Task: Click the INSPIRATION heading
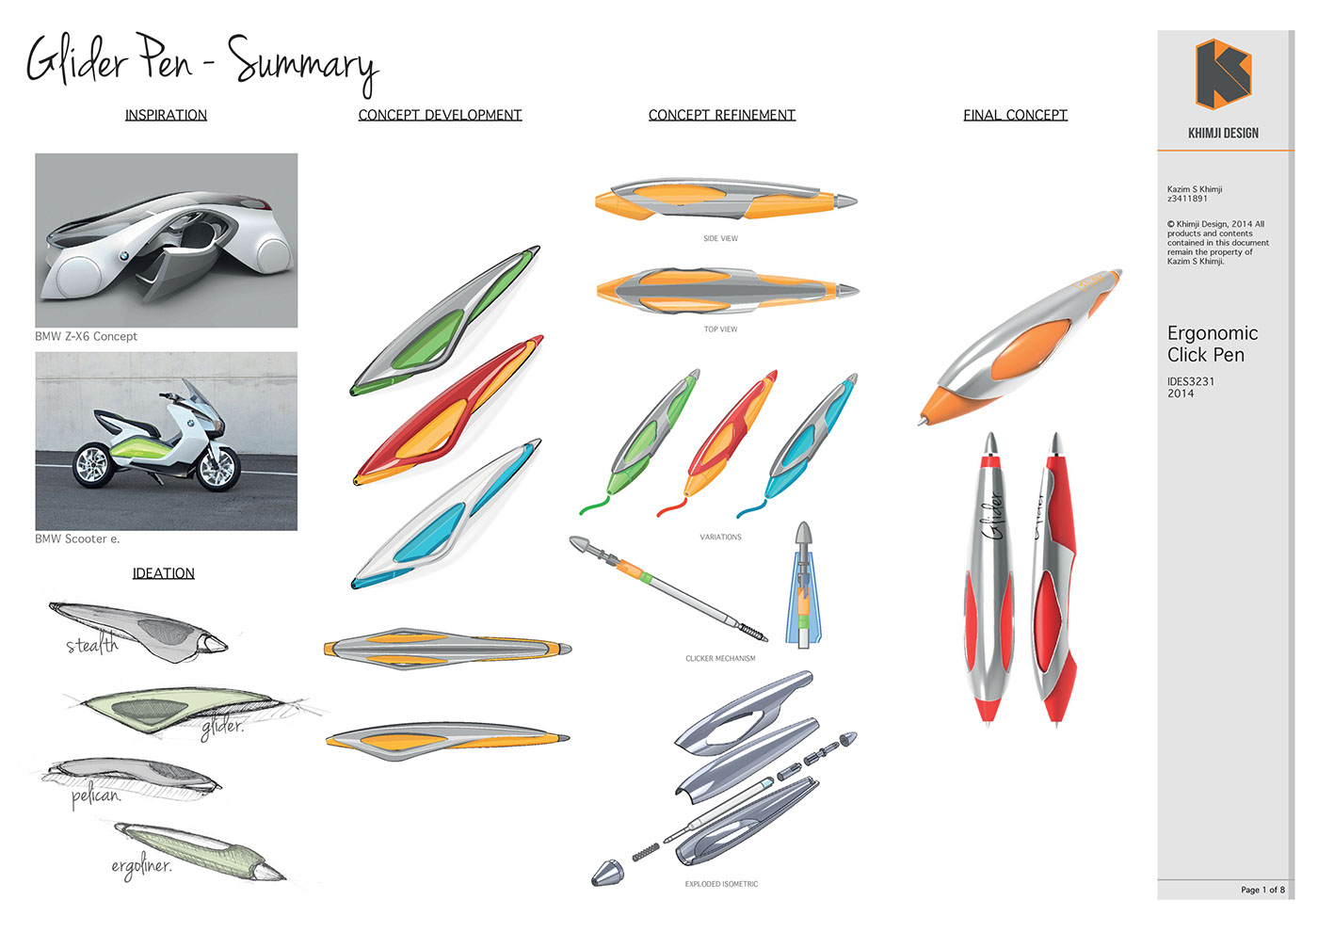pyautogui.click(x=166, y=115)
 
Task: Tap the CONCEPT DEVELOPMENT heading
pyautogui.click(x=441, y=115)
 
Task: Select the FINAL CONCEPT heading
pyautogui.click(x=1015, y=115)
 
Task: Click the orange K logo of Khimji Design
pyautogui.click(x=1223, y=74)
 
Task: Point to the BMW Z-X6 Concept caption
pyautogui.click(x=86, y=336)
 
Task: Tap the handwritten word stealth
pyautogui.click(x=92, y=645)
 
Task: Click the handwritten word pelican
pyautogui.click(x=96, y=797)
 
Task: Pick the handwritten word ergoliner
pyautogui.click(x=142, y=867)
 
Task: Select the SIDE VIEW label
pyautogui.click(x=720, y=238)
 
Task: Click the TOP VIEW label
pyautogui.click(x=720, y=329)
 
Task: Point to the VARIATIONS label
pyautogui.click(x=720, y=537)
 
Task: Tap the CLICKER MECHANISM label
pyautogui.click(x=720, y=658)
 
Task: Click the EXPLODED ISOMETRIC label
pyautogui.click(x=721, y=884)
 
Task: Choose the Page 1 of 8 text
pyautogui.click(x=1262, y=890)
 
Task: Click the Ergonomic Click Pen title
pyautogui.click(x=1213, y=344)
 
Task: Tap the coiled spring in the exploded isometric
pyautogui.click(x=646, y=852)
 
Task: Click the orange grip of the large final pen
pyautogui.click(x=1030, y=349)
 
